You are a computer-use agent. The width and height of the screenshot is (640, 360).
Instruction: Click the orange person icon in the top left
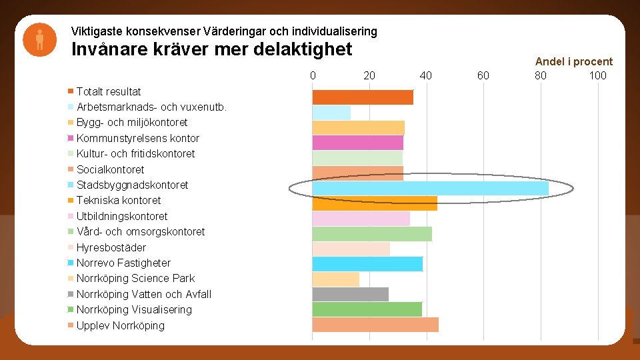39,39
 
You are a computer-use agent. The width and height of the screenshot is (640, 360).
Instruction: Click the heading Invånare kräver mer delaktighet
211,50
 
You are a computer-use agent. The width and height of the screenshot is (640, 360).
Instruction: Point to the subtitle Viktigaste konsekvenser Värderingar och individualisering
224,31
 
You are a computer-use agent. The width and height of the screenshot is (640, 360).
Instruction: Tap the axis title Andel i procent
573,61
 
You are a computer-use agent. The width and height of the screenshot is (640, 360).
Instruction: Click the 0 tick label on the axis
313,75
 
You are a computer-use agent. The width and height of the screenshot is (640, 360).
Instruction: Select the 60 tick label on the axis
483,75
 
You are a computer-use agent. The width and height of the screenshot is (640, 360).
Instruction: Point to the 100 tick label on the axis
597,75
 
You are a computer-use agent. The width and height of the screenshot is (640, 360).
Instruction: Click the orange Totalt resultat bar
363,97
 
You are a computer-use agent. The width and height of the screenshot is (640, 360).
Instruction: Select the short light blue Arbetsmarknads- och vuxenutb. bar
331,112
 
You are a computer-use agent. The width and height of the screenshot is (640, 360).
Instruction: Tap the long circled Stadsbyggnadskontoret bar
430,188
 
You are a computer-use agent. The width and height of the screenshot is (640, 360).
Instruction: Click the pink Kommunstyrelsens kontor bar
358,143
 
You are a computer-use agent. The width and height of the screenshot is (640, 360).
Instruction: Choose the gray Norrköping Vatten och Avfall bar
351,294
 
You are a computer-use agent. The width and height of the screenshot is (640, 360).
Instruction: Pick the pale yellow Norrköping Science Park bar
336,279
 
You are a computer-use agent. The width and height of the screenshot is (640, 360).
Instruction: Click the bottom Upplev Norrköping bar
375,325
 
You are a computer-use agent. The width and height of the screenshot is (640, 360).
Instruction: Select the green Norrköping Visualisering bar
367,309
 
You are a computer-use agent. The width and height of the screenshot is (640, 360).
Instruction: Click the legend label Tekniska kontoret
119,200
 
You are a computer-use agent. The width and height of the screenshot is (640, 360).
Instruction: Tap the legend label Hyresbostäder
111,247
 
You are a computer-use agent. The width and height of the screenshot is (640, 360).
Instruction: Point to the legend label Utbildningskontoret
122,216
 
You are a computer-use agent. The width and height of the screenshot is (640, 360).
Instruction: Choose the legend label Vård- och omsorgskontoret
141,231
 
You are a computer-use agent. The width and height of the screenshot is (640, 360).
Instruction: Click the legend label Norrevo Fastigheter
123,263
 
